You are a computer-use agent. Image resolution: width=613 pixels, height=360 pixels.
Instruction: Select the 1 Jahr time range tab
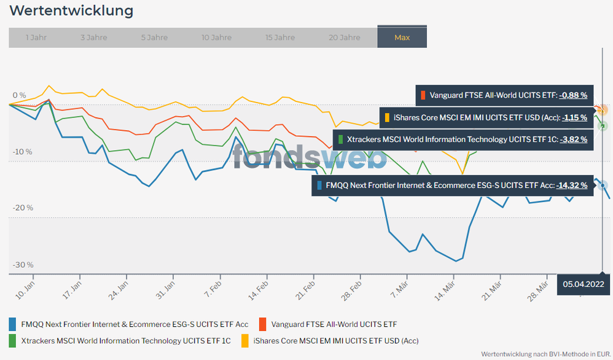36,37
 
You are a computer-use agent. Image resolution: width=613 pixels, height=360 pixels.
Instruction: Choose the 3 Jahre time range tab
93,37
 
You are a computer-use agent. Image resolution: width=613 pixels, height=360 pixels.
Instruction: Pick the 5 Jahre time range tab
154,37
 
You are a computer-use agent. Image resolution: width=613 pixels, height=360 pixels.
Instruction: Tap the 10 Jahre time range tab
217,37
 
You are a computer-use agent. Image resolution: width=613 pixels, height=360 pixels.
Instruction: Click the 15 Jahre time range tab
280,37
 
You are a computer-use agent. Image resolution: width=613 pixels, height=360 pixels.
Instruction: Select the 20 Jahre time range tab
345,37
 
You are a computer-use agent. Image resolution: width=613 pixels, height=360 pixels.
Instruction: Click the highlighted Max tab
402,37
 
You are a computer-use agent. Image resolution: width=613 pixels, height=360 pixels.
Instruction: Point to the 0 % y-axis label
19,95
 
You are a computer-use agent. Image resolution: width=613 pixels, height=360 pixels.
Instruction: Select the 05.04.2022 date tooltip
584,284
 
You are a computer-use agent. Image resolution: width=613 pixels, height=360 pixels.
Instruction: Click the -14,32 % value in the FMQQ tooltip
572,184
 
